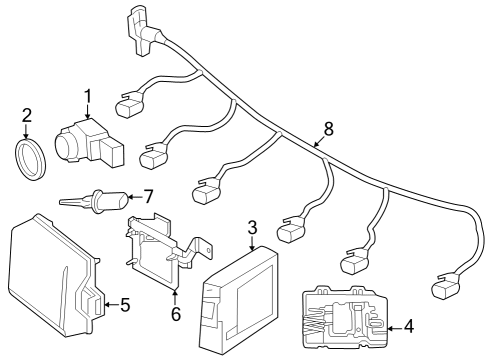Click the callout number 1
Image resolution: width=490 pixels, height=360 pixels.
point(87,96)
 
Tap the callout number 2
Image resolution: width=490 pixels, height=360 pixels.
point(27,115)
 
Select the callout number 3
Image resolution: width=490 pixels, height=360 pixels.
point(252,228)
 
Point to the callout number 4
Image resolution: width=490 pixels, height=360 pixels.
point(409,326)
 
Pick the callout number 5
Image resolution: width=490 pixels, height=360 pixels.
point(125,305)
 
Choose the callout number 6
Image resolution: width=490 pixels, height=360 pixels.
point(176,314)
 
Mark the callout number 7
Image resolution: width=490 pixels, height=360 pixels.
point(148,196)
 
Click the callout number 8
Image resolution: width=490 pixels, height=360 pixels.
point(329,129)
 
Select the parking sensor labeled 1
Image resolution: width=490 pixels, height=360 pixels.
point(89,143)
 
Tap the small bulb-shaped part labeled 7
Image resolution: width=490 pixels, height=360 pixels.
point(96,201)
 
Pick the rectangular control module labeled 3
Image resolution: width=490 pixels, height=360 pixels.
point(238,300)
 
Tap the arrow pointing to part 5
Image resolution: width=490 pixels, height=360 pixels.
point(112,304)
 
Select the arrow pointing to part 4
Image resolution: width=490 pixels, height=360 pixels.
point(395,329)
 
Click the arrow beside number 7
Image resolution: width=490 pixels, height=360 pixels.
point(135,197)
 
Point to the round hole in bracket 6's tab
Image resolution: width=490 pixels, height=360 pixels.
point(207,250)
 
